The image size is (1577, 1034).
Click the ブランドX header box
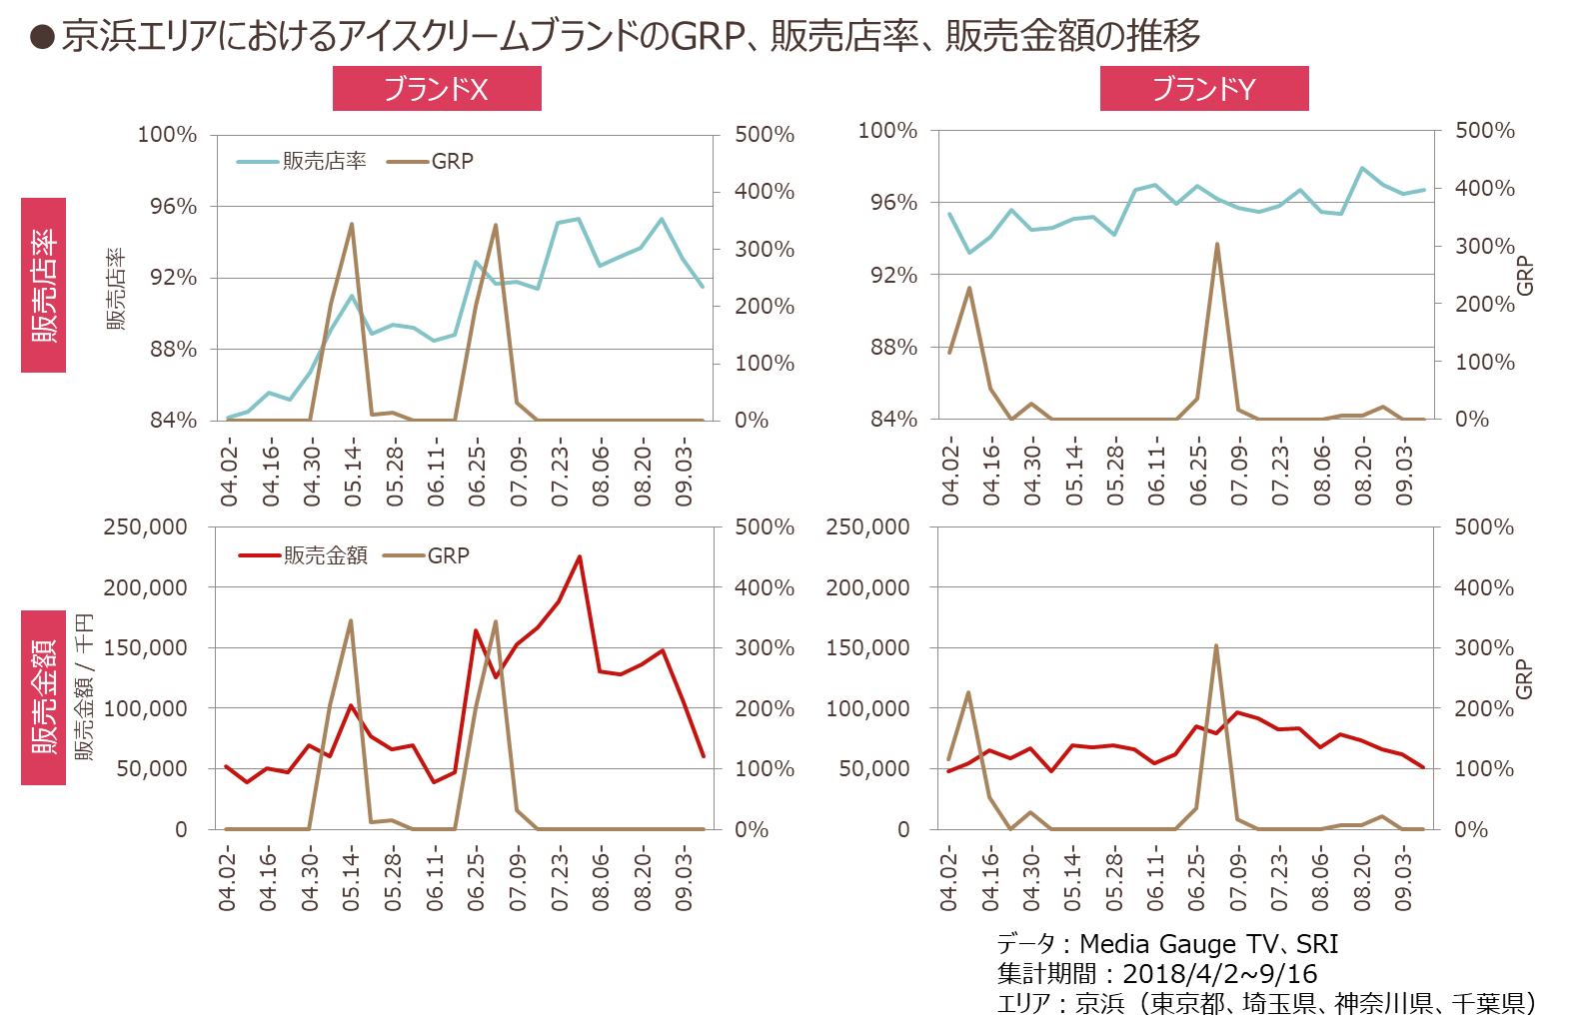coord(437,89)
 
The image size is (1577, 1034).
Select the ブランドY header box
coord(1204,89)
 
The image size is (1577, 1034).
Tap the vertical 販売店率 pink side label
coord(44,285)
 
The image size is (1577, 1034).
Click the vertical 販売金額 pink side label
coord(44,697)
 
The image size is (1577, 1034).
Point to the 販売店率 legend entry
coord(302,161)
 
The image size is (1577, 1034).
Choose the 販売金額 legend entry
coord(304,555)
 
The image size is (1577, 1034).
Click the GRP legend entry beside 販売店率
coord(430,161)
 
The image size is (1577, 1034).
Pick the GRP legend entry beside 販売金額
coord(427,555)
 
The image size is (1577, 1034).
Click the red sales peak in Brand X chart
coord(579,556)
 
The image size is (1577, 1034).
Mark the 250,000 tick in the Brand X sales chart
coord(146,526)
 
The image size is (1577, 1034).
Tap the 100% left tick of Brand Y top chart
coord(887,130)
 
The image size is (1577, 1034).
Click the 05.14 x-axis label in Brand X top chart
coord(353,476)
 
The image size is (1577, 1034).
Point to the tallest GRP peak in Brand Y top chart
coord(1216,244)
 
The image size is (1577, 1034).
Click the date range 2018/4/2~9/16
coord(1220,973)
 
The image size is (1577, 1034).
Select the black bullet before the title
coord(42,38)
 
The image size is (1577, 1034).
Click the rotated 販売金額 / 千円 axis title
coord(84,687)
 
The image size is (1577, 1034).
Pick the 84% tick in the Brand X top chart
coord(174,421)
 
